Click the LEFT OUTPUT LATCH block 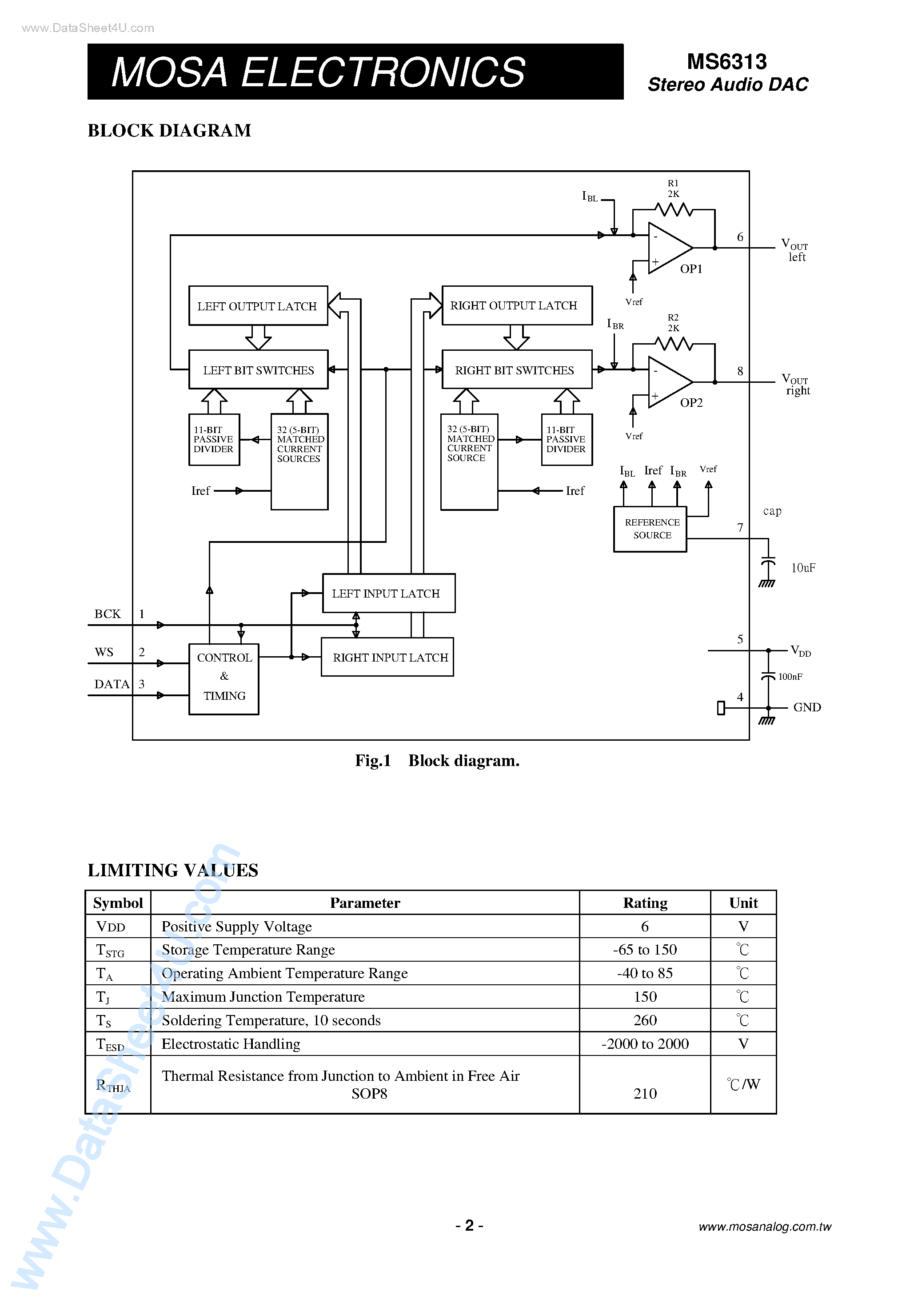pyautogui.click(x=258, y=306)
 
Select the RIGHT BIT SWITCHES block pyautogui.click(x=516, y=370)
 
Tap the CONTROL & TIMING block pyautogui.click(x=224, y=678)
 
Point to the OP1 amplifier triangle pyautogui.click(x=667, y=248)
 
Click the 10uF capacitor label pyautogui.click(x=802, y=568)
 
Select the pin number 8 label pyautogui.click(x=740, y=371)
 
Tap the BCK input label pyautogui.click(x=108, y=614)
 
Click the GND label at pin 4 pyautogui.click(x=806, y=707)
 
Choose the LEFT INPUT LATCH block pyautogui.click(x=388, y=594)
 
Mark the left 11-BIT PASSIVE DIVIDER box pyautogui.click(x=214, y=439)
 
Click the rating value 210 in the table pyautogui.click(x=645, y=1093)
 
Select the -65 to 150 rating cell pyautogui.click(x=645, y=950)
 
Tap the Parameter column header pyautogui.click(x=365, y=903)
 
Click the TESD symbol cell pyautogui.click(x=110, y=1044)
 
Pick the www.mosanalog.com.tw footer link pyautogui.click(x=765, y=1226)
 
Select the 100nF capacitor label pyautogui.click(x=790, y=677)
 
